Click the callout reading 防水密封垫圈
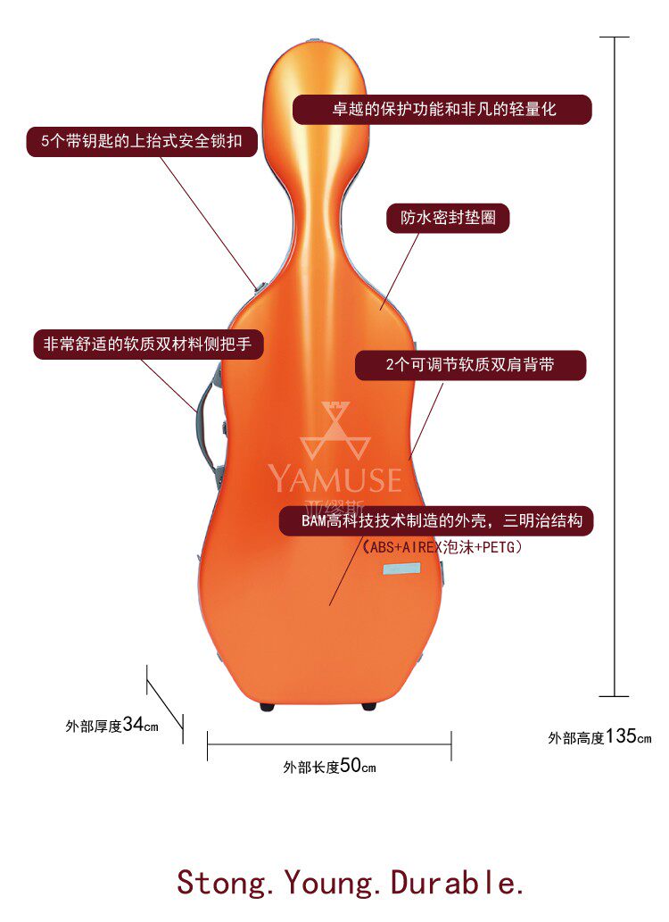(x=448, y=219)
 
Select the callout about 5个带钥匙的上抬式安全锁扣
(x=141, y=142)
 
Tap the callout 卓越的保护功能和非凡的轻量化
(x=442, y=109)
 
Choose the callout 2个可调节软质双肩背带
(x=470, y=364)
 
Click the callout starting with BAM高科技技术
(x=436, y=521)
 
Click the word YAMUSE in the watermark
(x=335, y=479)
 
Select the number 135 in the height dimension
(x=621, y=736)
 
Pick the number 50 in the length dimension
(x=350, y=766)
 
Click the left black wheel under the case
(x=268, y=707)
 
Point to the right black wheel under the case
(x=368, y=707)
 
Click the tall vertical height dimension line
(x=615, y=366)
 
